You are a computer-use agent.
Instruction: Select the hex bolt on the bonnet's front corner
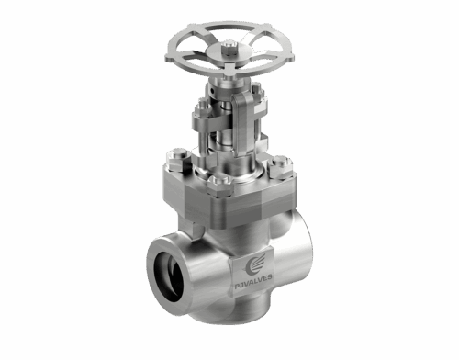pos(218,188)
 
